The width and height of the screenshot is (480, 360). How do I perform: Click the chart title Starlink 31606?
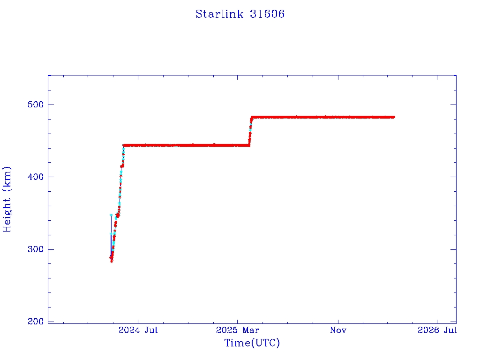click(240, 14)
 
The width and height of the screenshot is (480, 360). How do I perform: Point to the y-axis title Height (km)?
click(7, 199)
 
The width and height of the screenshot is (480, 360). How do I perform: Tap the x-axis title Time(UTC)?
click(252, 343)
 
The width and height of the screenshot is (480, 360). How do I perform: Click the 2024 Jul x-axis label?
click(138, 330)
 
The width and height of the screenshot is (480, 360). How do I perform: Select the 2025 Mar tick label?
click(238, 330)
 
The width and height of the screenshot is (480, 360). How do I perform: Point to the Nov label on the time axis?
click(338, 330)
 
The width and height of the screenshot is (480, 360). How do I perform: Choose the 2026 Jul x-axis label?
click(437, 330)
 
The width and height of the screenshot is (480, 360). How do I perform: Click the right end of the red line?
click(394, 117)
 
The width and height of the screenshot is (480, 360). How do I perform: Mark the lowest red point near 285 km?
click(112, 261)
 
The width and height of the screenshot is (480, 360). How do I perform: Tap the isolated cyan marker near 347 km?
click(111, 215)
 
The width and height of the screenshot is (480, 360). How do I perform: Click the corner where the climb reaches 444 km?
click(124, 145)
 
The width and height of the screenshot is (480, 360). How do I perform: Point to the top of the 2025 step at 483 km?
click(252, 117)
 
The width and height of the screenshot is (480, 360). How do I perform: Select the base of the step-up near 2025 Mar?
click(249, 145)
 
